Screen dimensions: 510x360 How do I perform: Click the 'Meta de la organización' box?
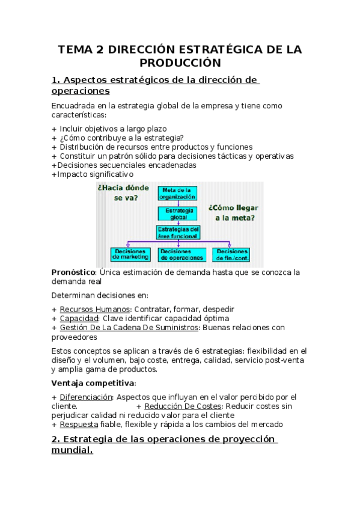178,193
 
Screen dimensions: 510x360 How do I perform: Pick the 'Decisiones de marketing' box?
130,254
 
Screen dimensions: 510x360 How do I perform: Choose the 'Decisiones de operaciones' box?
181,254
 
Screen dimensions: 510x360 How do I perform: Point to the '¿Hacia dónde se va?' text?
123,192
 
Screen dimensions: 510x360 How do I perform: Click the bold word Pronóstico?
74,272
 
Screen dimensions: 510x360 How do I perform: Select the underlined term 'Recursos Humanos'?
93,309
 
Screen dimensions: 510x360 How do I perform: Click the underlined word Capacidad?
79,318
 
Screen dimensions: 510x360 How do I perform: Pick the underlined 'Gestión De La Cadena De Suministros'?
129,328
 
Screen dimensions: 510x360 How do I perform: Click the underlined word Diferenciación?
86,397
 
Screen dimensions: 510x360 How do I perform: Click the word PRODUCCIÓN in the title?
180,63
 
